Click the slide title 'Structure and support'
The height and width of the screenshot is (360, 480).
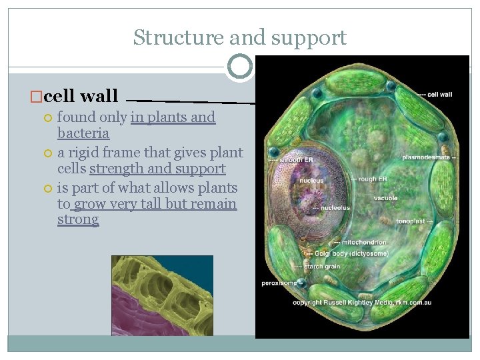[x=239, y=37]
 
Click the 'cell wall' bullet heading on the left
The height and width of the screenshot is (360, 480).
[x=80, y=96]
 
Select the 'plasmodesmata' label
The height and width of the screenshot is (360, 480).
[x=429, y=157]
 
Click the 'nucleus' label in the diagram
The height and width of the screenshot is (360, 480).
[x=311, y=180]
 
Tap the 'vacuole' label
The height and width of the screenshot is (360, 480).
[x=385, y=198]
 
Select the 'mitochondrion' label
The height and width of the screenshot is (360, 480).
[x=363, y=242]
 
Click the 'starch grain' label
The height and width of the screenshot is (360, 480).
[x=323, y=267]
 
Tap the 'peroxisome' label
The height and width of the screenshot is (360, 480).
[x=278, y=283]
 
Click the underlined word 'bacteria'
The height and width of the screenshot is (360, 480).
[x=83, y=133]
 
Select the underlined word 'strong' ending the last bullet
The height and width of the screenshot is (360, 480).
[x=78, y=219]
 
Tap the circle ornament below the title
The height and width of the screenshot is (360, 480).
[x=239, y=67]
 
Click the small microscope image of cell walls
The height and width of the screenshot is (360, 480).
[x=162, y=295]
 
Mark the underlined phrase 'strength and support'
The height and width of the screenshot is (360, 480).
[x=157, y=169]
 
